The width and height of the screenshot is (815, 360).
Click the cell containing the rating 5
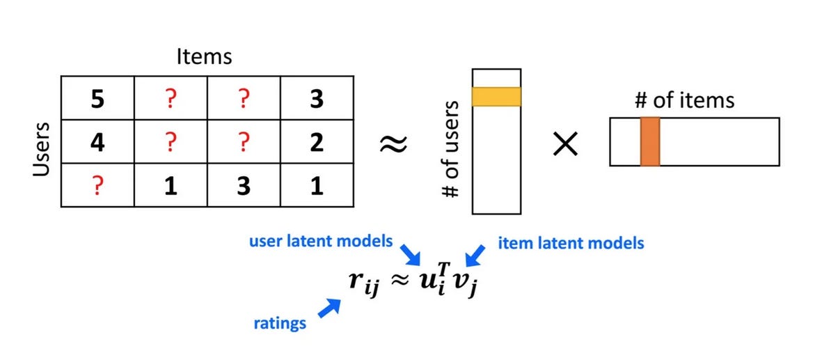[x=97, y=100]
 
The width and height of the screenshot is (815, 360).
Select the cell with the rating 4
[x=97, y=143]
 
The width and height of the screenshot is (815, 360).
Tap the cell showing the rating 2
[x=317, y=143]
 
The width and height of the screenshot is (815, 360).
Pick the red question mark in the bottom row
[x=97, y=186]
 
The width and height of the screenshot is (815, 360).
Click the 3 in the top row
[x=317, y=100]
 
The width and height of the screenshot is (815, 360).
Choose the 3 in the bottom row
[x=244, y=186]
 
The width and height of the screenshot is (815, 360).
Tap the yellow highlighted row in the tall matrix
[x=496, y=96]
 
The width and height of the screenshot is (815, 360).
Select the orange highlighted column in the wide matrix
[x=649, y=142]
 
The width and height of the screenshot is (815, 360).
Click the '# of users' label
[x=452, y=149]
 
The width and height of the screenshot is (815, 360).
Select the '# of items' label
[x=684, y=100]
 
